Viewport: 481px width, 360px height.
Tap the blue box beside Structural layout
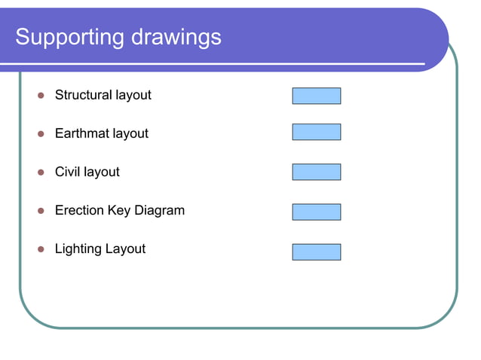[x=317, y=96]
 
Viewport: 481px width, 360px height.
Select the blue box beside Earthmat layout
[x=317, y=132]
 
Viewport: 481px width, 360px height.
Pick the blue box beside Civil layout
[x=317, y=172]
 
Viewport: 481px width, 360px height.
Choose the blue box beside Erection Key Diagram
[x=317, y=212]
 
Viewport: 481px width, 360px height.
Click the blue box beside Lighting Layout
[x=317, y=252]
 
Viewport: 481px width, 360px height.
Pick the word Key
[x=119, y=211]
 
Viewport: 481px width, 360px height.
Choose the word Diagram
[x=160, y=211]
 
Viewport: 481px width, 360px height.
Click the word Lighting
[x=78, y=249]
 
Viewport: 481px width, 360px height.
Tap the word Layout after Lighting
[x=125, y=249]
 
